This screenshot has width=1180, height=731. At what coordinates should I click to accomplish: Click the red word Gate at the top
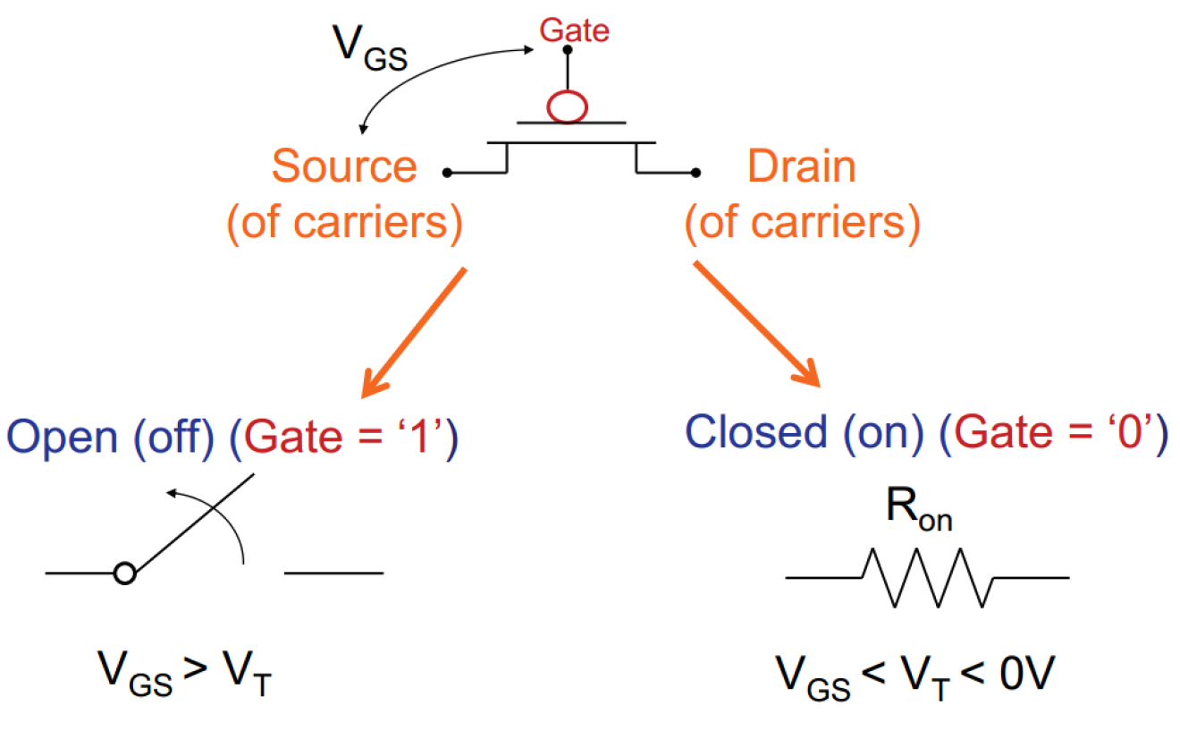point(573,31)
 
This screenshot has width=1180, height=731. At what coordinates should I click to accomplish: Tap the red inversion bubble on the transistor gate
point(567,106)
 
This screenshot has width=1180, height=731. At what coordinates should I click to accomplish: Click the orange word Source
point(344,167)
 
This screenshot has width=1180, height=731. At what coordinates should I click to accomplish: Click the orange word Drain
point(801,167)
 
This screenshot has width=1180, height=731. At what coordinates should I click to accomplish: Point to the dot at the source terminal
point(446,172)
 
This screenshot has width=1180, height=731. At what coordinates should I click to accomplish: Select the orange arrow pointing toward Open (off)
point(414,331)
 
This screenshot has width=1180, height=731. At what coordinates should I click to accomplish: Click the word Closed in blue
point(755,433)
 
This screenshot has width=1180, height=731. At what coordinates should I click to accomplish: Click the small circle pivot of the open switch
point(125,574)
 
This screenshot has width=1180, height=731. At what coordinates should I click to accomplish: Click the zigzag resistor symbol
point(927,578)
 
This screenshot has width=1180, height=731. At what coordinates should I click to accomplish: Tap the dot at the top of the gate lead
point(566,51)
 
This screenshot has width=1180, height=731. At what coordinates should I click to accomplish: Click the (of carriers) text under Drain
point(802,225)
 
